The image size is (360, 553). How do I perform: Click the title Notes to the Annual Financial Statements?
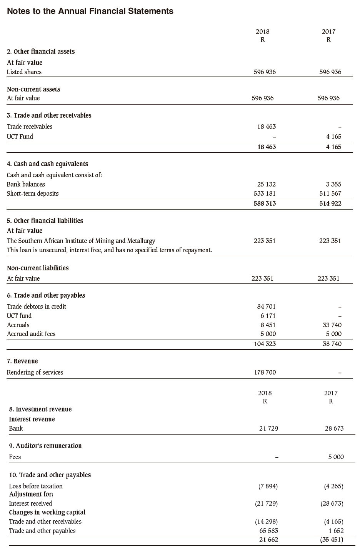pyautogui.click(x=90, y=11)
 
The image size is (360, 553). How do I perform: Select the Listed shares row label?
pyautogui.click(x=24, y=72)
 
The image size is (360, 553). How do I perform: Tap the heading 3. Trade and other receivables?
pyautogui.click(x=49, y=115)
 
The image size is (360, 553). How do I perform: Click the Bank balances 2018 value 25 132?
pyautogui.click(x=266, y=185)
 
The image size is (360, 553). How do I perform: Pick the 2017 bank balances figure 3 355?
pyautogui.click(x=333, y=185)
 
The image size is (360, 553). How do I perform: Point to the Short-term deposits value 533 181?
pyautogui.click(x=265, y=194)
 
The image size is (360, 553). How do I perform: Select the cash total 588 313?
pyautogui.click(x=265, y=203)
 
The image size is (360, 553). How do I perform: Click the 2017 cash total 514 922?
pyautogui.click(x=330, y=203)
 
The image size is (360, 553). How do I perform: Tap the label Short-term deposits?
pyautogui.click(x=33, y=193)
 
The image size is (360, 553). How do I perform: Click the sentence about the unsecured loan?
pyautogui.click(x=109, y=250)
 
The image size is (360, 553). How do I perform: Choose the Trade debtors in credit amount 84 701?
pyautogui.click(x=266, y=306)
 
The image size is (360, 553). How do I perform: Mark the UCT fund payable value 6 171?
pyautogui.click(x=268, y=316)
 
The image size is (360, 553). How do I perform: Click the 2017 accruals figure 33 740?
pyautogui.click(x=332, y=325)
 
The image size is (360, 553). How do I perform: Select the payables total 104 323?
pyautogui.click(x=265, y=344)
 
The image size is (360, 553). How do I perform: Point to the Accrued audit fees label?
pyautogui.click(x=31, y=334)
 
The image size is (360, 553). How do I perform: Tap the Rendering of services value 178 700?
pyautogui.click(x=265, y=372)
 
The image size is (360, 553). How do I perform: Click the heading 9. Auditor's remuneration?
pyautogui.click(x=45, y=446)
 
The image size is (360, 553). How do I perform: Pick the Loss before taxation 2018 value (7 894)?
pyautogui.click(x=268, y=486)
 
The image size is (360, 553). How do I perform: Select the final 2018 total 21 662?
pyautogui.click(x=268, y=540)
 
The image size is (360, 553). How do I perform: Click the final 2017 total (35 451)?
pyautogui.click(x=332, y=540)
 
